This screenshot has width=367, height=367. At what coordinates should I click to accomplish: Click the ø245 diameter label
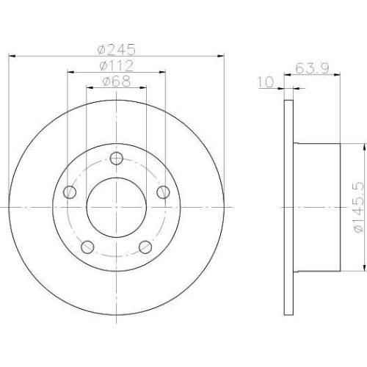(116, 49)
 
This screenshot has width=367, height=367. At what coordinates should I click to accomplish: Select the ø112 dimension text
(117, 65)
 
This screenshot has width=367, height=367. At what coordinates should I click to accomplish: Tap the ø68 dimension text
(117, 81)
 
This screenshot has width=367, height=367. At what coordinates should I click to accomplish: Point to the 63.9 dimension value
(312, 68)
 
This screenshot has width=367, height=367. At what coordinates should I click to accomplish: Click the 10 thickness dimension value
(265, 82)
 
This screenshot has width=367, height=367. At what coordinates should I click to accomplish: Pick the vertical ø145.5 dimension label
(357, 208)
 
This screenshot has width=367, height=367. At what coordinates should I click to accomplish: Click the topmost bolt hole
(116, 159)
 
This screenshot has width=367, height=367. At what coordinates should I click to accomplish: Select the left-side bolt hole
(70, 192)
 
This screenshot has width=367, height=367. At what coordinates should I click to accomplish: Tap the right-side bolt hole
(163, 192)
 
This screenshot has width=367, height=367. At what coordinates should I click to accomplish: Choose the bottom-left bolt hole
(87, 247)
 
